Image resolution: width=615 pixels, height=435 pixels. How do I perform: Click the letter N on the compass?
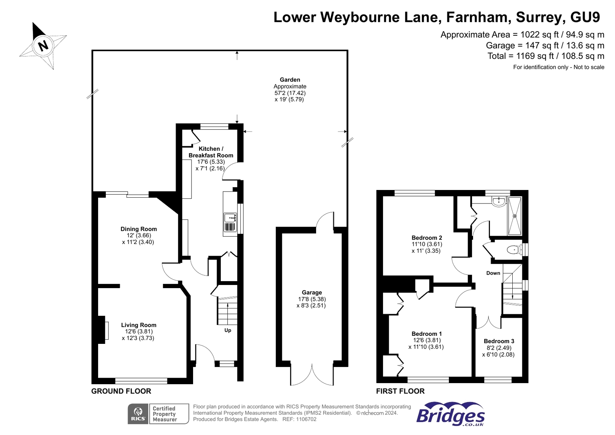coord(43,45)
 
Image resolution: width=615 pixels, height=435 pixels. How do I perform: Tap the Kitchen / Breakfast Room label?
coord(211,152)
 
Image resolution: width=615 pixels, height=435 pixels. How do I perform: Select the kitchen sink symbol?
coord(230,218)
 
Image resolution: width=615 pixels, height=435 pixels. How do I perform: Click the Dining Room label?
coord(138,229)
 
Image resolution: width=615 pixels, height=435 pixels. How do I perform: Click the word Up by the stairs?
coord(228,330)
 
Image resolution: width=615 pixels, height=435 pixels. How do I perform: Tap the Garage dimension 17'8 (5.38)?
coord(312,299)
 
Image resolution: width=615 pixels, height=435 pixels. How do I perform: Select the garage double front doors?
coord(312,375)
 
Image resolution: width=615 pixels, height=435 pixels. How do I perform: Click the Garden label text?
coord(290,80)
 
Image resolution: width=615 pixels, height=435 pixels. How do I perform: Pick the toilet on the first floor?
coord(513,250)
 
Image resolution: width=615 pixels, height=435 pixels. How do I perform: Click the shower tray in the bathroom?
coord(515,216)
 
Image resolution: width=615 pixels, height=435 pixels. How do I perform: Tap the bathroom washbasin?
coord(498,201)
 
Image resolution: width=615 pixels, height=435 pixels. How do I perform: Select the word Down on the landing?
coord(493,273)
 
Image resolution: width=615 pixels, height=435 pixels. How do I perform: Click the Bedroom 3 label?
coord(499,341)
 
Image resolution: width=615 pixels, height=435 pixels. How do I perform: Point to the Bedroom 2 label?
coord(427,238)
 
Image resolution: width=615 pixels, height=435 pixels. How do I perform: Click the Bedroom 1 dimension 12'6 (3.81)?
coord(427,340)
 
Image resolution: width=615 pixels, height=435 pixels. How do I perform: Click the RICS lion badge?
coord(138,414)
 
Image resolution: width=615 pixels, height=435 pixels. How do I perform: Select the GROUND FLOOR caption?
coord(121,391)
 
